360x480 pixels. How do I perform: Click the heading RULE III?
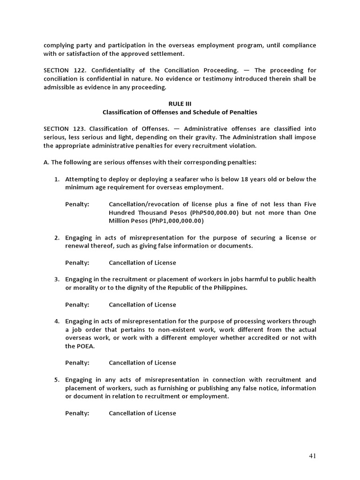[x=180, y=104]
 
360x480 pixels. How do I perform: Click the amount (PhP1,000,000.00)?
[x=171, y=221]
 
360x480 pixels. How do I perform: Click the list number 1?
[x=56, y=179]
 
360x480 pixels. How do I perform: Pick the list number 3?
[x=56, y=279]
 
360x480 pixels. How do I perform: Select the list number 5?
[x=56, y=380]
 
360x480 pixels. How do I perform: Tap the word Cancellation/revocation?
[x=143, y=204]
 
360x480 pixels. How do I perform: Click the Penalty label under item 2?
[x=77, y=262]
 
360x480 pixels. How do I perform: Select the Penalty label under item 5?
[x=77, y=413]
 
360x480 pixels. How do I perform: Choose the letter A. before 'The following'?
[x=46, y=162]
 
